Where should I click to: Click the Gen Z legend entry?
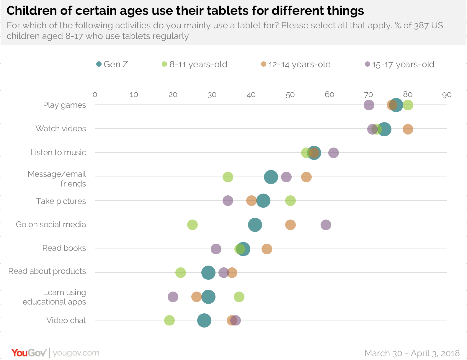[112, 64]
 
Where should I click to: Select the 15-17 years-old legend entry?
[400, 64]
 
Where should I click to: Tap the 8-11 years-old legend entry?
[195, 64]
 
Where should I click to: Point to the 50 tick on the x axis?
[290, 95]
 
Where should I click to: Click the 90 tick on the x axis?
[447, 95]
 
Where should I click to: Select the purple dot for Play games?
[369, 105]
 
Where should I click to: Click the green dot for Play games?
[408, 105]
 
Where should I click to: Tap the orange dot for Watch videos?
[408, 129]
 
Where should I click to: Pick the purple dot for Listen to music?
[333, 153]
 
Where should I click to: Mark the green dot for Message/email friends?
[228, 177]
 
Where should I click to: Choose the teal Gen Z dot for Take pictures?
[263, 201]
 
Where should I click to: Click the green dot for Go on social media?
[192, 225]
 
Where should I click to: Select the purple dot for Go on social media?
[326, 225]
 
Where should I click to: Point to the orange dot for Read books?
[267, 249]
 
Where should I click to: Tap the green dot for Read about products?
[180, 273]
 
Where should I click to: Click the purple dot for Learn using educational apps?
[173, 297]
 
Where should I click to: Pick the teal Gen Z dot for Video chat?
[204, 320]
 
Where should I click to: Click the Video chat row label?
[66, 320]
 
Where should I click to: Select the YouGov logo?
[29, 353]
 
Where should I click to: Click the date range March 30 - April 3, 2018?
[412, 353]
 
